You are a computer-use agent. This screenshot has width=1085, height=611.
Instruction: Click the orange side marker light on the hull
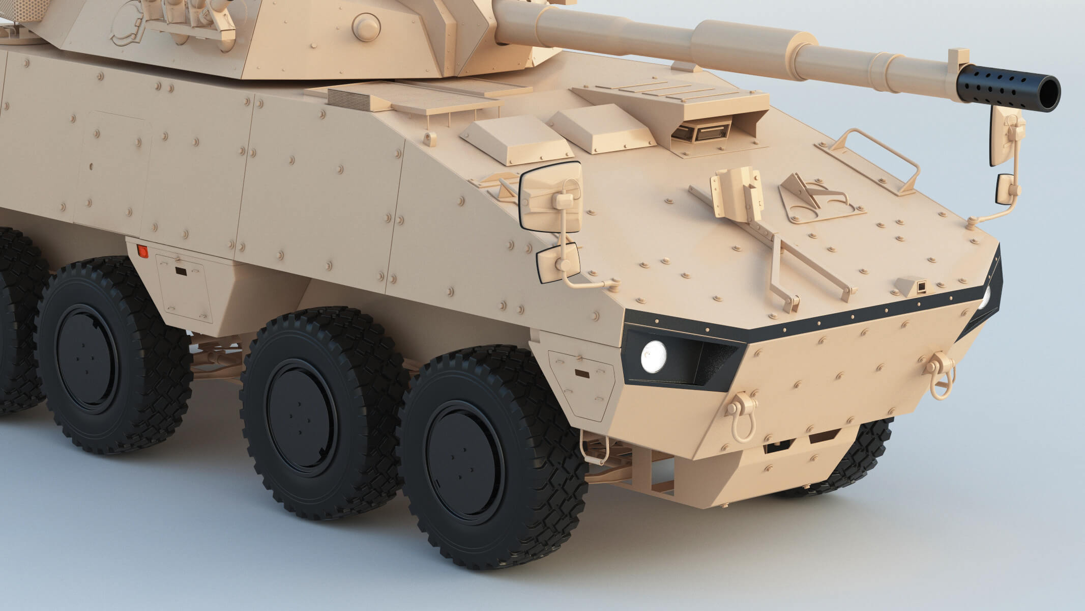pyautogui.click(x=143, y=251)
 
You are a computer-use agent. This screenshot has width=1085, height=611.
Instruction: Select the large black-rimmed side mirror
pyautogui.click(x=550, y=198)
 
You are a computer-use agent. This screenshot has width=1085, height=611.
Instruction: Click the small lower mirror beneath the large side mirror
pyautogui.click(x=558, y=263)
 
